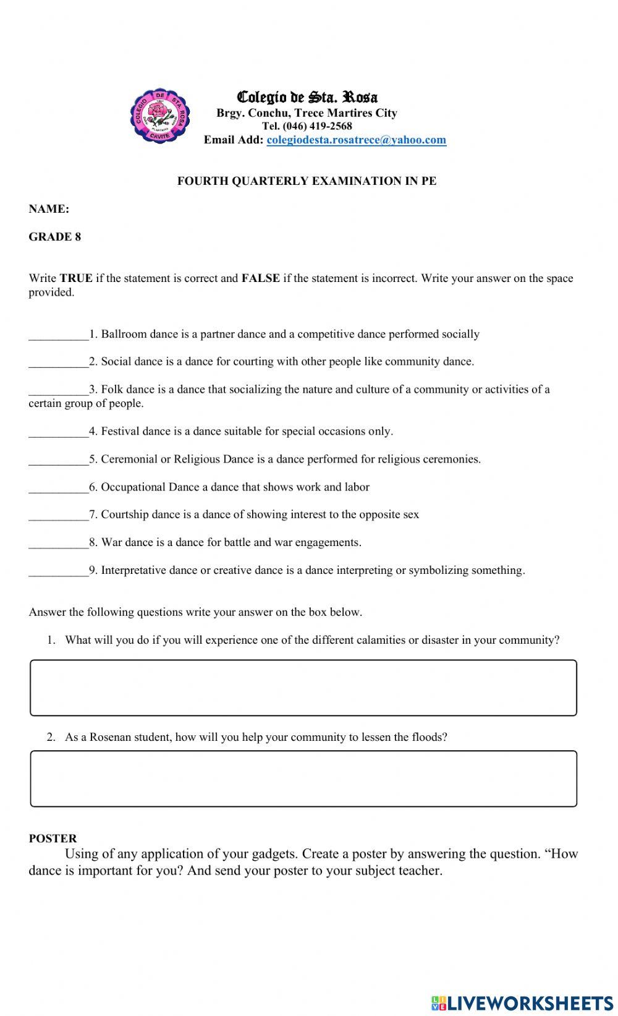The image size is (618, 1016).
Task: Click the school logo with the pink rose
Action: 158,115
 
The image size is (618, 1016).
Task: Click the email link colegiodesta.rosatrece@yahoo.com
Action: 356,140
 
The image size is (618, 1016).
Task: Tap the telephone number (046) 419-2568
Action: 317,126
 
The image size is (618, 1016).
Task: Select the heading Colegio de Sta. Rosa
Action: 307,97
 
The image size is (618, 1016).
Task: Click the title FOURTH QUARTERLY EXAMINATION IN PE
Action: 307,181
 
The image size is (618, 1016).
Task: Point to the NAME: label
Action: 49,209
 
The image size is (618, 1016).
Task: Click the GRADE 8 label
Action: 54,237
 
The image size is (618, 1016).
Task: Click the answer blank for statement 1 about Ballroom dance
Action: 58,335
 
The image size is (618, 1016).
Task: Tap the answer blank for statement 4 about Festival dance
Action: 58,432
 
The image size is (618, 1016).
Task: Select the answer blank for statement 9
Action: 58,571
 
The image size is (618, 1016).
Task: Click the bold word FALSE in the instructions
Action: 260,278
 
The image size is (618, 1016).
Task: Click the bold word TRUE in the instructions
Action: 76,278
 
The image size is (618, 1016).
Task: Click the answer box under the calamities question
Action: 303,688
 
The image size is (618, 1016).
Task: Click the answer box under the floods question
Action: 303,779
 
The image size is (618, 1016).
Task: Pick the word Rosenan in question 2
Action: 110,737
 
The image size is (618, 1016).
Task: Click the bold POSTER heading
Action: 53,839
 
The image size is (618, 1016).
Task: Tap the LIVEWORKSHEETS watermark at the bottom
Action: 522,1002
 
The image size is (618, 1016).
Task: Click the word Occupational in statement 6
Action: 133,487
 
